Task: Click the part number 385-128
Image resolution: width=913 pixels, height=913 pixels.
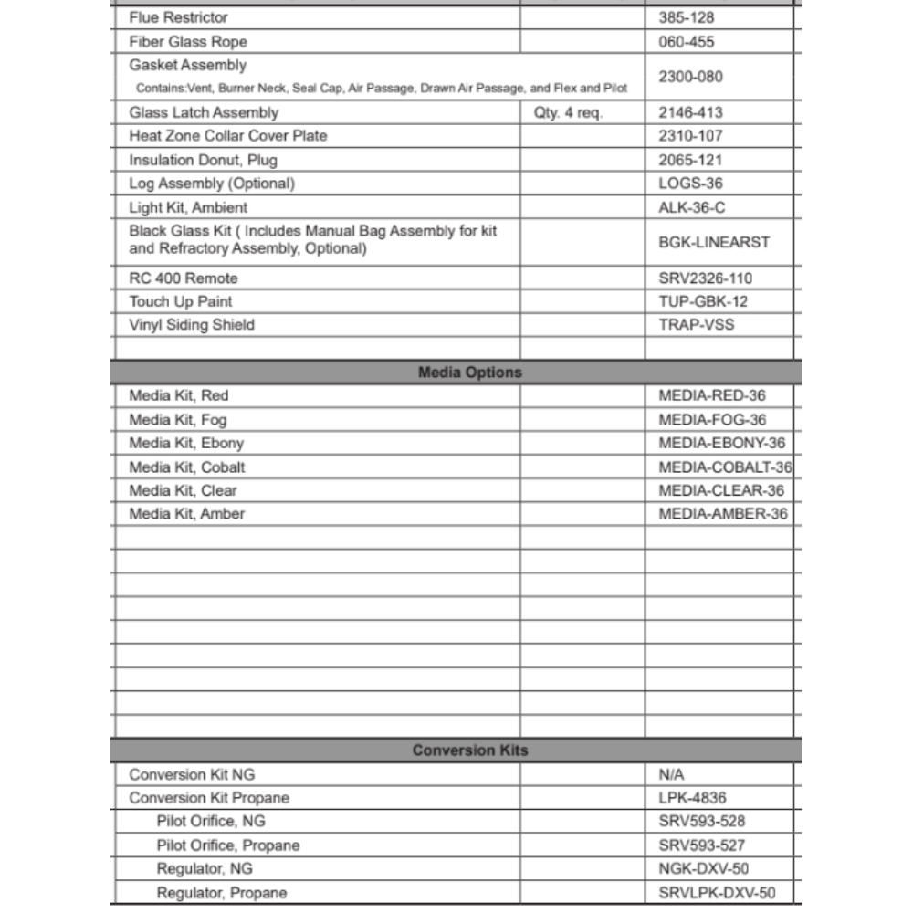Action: pos(687,17)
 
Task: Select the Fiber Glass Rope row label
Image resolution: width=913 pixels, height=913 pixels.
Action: pos(188,42)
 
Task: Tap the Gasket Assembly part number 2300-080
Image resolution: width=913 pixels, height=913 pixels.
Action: pos(690,77)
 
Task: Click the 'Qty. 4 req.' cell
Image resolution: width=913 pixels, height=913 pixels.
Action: pos(568,113)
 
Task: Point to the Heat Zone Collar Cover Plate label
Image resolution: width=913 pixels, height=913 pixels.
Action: pos(227,136)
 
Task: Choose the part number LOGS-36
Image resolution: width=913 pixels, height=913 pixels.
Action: pos(690,184)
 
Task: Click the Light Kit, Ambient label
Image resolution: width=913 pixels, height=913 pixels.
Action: pos(188,207)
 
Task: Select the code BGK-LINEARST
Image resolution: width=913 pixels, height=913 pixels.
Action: pos(714,242)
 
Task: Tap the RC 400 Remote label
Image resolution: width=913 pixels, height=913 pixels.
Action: pos(184,278)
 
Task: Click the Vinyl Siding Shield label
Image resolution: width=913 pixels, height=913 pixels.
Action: pos(192,325)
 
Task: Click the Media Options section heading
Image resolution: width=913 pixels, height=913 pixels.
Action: pos(469,373)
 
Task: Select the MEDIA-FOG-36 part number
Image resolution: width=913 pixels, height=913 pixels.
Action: pos(712,420)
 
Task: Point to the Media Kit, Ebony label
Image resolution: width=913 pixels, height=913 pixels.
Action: pos(186,444)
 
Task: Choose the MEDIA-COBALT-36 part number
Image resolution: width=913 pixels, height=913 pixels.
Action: pos(725,467)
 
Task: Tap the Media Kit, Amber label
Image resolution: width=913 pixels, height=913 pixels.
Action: pos(187,514)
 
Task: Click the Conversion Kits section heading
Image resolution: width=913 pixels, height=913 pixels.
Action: pos(469,750)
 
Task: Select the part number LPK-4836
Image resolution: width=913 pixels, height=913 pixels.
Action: pos(692,798)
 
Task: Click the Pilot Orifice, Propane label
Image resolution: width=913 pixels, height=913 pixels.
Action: pos(227,845)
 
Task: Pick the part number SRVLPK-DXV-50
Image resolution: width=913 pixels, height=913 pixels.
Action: pos(717,893)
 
